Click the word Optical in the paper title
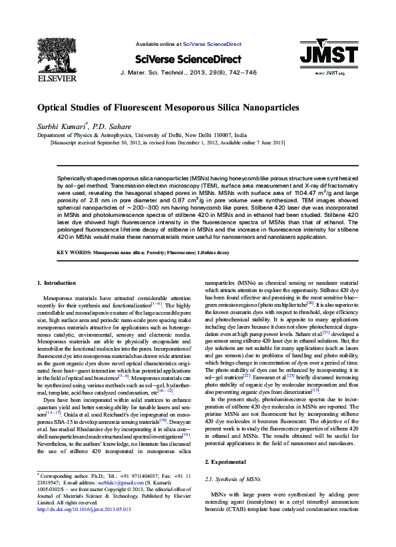click(54, 108)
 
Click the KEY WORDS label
click(73, 254)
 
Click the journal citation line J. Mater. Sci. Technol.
click(188, 72)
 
